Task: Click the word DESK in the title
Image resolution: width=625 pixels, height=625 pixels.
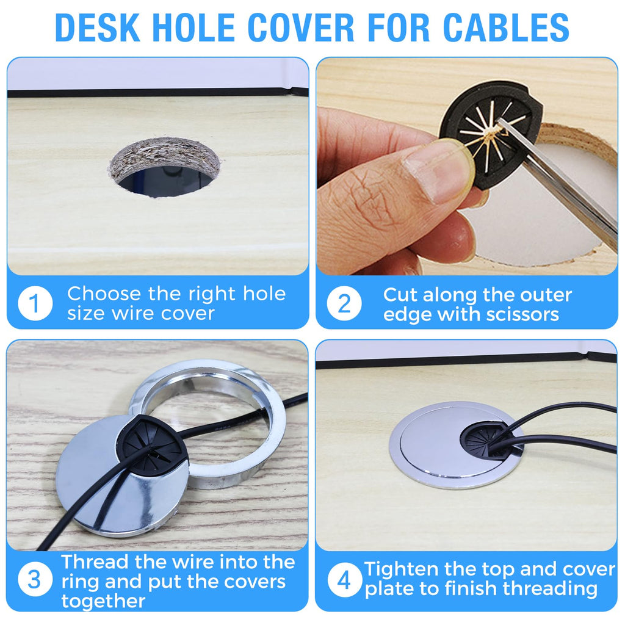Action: [x=98, y=27]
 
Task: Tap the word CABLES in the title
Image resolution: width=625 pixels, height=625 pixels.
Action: [x=506, y=27]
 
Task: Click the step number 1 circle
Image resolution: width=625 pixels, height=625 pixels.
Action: [x=35, y=303]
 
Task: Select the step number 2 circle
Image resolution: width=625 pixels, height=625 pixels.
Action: [x=344, y=303]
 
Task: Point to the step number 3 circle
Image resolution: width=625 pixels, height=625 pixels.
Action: [x=35, y=579]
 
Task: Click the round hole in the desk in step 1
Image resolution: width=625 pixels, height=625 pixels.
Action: [x=165, y=167]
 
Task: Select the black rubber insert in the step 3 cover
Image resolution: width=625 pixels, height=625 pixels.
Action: [x=151, y=446]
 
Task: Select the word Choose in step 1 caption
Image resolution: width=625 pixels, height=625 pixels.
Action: [x=104, y=294]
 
